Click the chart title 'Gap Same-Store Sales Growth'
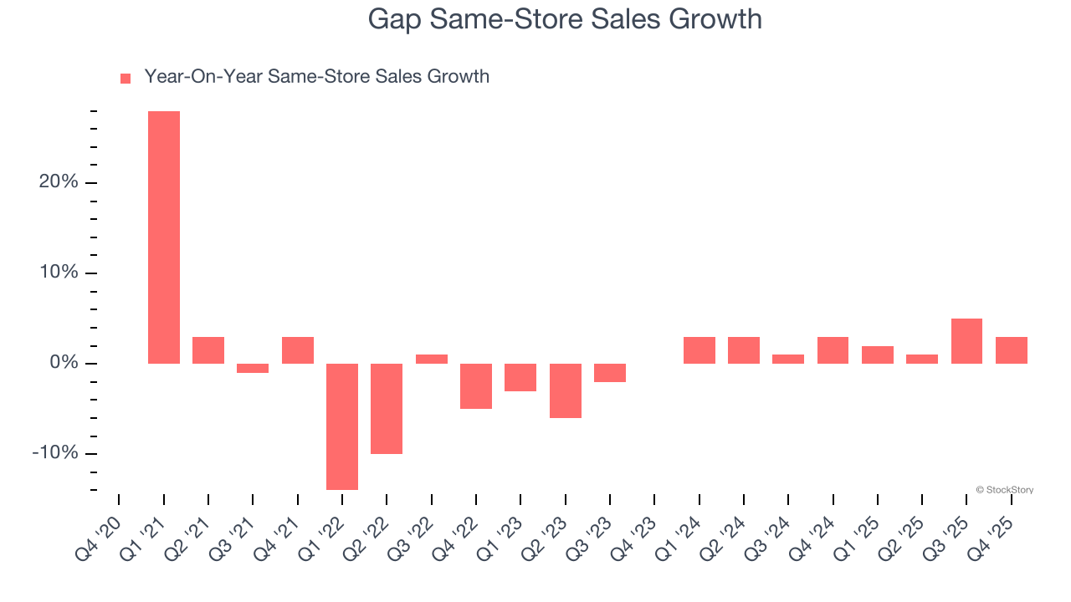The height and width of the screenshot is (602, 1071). [x=565, y=19]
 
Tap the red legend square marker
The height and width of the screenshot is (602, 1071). [x=126, y=78]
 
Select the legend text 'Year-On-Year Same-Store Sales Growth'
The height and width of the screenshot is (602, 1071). [x=316, y=77]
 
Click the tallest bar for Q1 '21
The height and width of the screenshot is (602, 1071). [x=164, y=237]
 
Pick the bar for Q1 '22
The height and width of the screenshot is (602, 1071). [x=342, y=426]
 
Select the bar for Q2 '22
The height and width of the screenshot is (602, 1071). [x=387, y=408]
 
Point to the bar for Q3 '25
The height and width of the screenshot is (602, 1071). [x=966, y=341]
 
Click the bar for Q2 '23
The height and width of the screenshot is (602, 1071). [x=566, y=390]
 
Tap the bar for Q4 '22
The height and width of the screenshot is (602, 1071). [x=476, y=385]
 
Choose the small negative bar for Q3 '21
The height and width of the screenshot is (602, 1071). [x=253, y=368]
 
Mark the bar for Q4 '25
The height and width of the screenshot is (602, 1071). [x=1011, y=350]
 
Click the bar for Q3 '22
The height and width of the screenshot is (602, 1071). [x=432, y=359]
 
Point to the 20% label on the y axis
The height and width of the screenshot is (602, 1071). [x=59, y=182]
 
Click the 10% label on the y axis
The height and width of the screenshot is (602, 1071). [x=59, y=273]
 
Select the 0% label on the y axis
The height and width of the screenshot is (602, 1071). [x=64, y=363]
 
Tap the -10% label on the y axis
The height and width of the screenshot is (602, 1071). [x=55, y=453]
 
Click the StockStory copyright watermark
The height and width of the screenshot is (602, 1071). [x=1004, y=490]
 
